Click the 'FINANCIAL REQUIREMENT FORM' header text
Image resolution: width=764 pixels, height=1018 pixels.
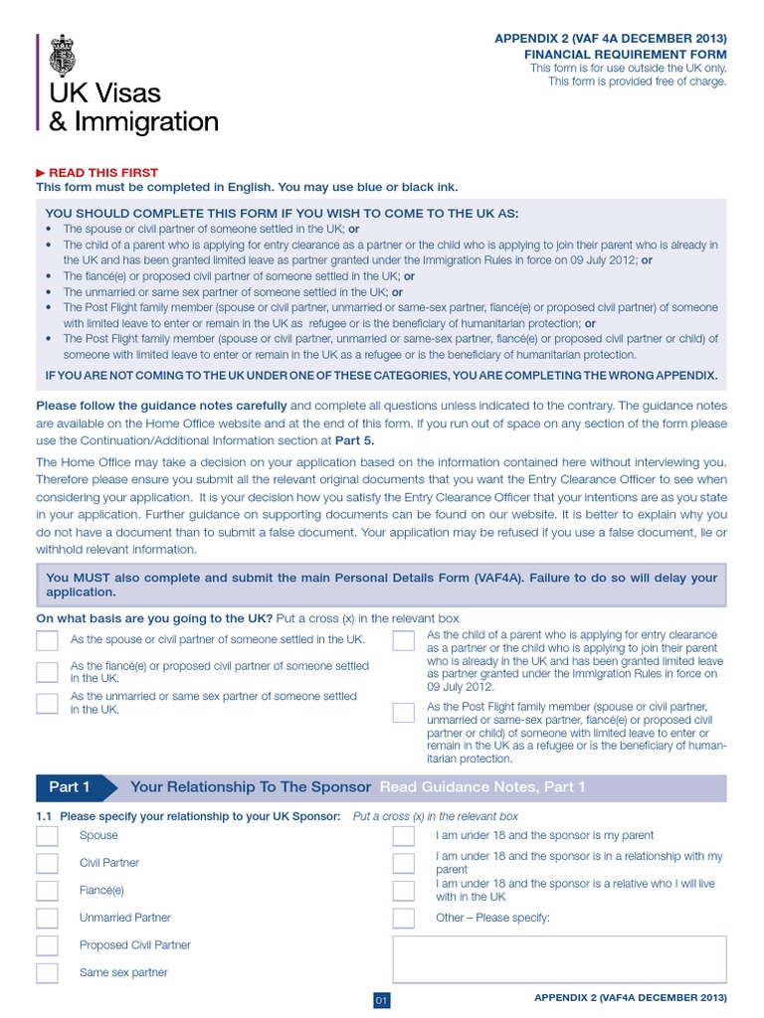pos(626,55)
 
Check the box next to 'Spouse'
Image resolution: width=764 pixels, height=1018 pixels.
pos(47,836)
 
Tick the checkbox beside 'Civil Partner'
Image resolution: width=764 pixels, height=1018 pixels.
pos(47,863)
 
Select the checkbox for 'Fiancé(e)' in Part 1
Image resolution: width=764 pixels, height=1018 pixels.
pos(47,891)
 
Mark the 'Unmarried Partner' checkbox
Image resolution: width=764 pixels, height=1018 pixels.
pos(47,918)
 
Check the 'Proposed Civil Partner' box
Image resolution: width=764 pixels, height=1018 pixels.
pos(47,945)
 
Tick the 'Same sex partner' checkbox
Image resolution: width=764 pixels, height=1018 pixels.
pos(47,972)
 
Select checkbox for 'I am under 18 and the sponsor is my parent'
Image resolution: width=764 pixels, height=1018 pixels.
pos(403,836)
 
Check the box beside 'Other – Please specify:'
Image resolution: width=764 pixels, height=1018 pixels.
pos(403,918)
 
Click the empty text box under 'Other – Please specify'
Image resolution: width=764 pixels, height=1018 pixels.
pos(559,959)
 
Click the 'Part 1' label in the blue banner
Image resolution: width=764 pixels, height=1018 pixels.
pos(70,787)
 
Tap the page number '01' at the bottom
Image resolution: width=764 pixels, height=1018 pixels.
pos(381,1000)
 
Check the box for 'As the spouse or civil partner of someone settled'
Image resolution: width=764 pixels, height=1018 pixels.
pos(47,640)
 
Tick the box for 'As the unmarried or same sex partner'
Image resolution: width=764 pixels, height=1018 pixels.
pos(47,704)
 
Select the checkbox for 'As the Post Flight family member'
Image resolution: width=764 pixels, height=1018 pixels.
pos(403,712)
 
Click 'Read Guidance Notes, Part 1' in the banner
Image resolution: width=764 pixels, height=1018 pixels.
pos(482,787)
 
